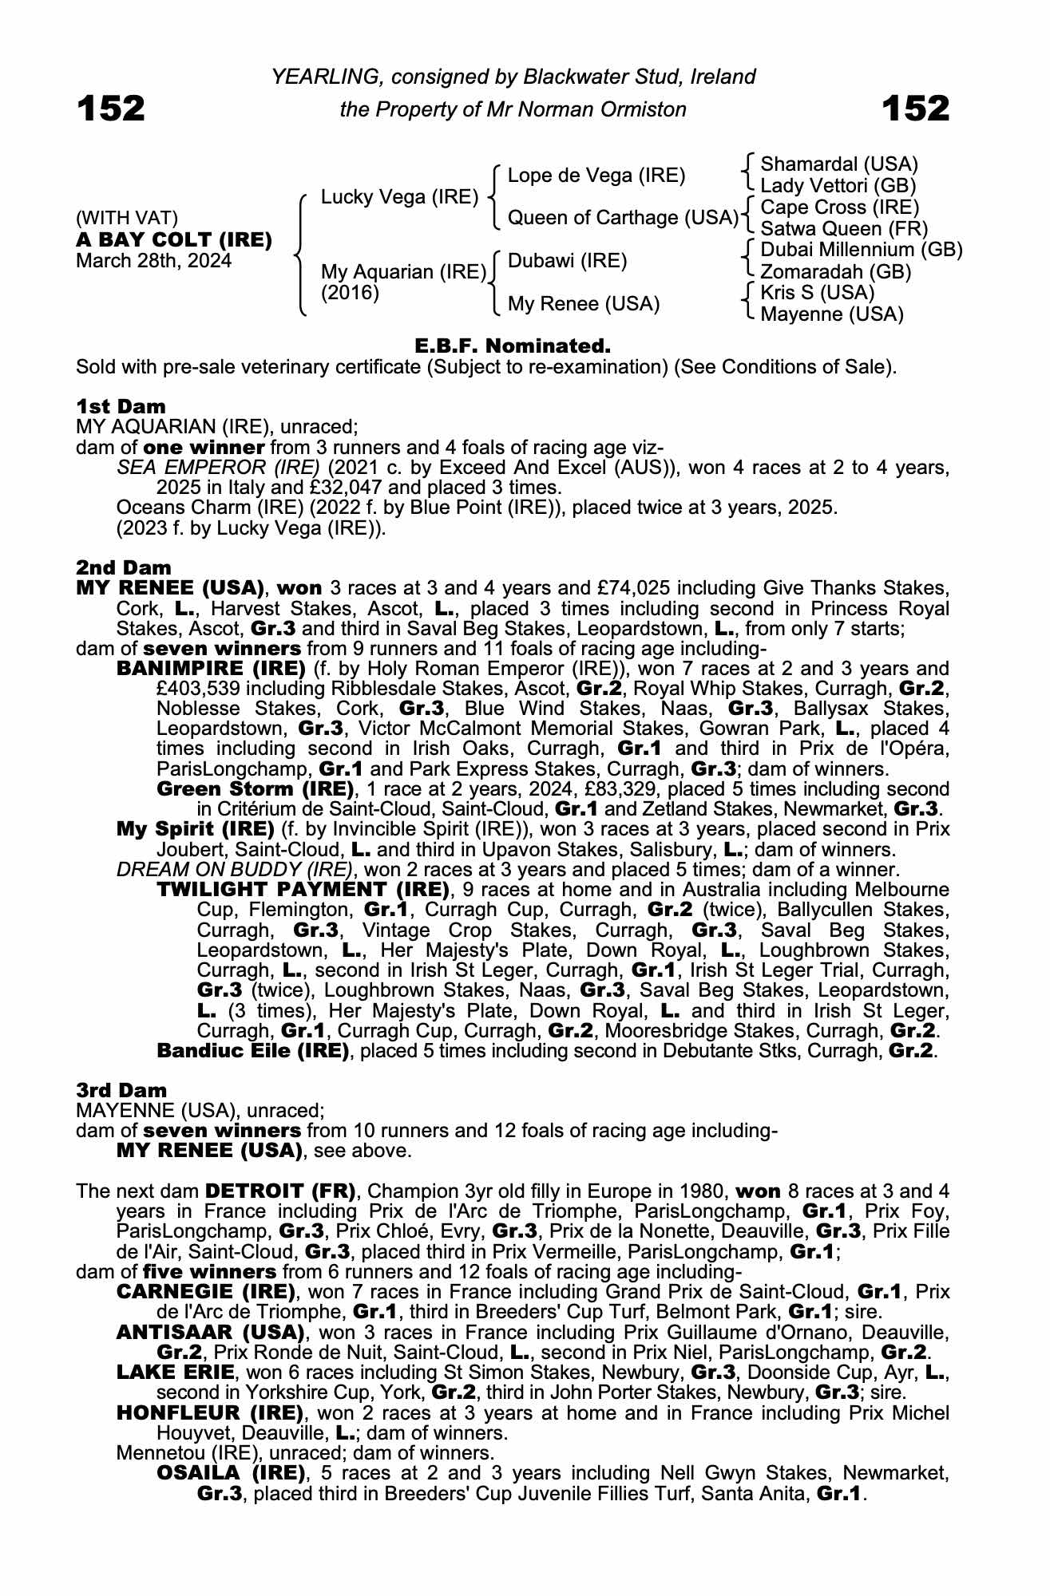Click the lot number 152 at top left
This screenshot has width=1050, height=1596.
[111, 108]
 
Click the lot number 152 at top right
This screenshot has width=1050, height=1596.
[915, 108]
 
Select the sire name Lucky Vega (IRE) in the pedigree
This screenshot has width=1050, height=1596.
[399, 197]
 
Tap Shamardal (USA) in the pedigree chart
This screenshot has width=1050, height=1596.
[838, 164]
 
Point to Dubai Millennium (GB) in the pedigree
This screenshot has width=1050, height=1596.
[861, 250]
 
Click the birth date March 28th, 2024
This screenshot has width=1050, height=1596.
[153, 261]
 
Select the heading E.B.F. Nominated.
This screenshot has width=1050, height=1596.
[513, 346]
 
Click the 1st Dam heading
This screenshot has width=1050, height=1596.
[121, 406]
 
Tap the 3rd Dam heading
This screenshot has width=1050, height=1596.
[121, 1090]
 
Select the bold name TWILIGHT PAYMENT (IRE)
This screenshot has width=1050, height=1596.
[303, 890]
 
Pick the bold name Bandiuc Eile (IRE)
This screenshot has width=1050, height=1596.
[253, 1051]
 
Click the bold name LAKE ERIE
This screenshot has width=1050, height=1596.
[176, 1372]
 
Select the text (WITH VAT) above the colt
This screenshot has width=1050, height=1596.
[127, 219]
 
